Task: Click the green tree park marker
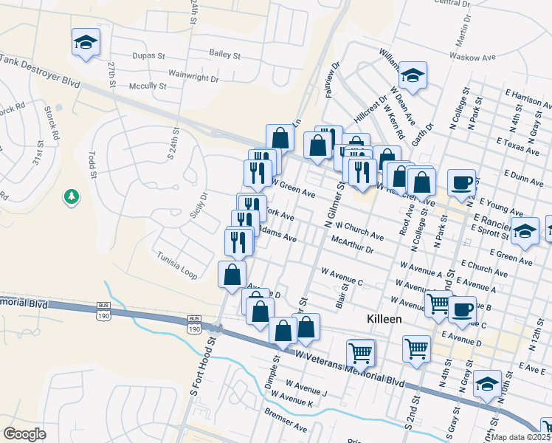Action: (x=72, y=196)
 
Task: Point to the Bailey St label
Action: (x=225, y=55)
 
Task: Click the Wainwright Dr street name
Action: (x=193, y=76)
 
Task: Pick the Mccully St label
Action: (x=147, y=86)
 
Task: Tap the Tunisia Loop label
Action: (x=177, y=264)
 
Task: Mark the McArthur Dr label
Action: (x=353, y=244)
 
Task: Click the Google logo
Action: (x=24, y=434)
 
